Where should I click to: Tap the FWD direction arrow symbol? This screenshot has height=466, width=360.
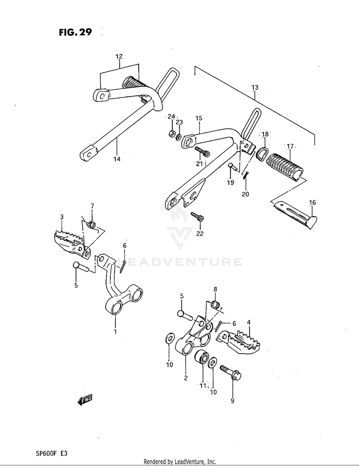[85, 398]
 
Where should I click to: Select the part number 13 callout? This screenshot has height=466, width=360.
[254, 87]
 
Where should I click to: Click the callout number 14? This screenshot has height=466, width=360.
[117, 159]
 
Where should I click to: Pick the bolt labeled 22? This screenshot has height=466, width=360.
[197, 216]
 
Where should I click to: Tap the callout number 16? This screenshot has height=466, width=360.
[312, 203]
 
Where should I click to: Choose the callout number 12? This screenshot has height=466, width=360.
[119, 56]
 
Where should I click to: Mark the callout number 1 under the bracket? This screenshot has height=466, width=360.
[115, 331]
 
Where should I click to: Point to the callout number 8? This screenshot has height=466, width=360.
[215, 289]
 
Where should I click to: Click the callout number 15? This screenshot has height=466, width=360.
[199, 118]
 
